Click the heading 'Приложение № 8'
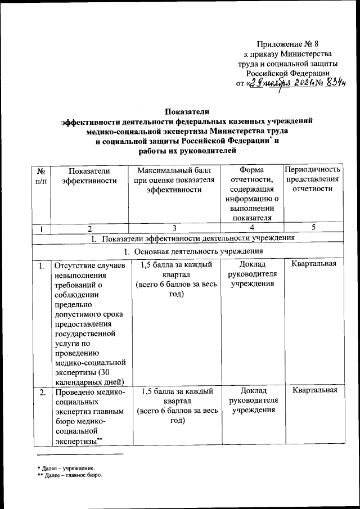coord(291,43)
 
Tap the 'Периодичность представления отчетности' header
coord(313,179)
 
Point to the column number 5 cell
coord(313,228)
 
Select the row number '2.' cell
coord(42,393)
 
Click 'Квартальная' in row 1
coord(314,265)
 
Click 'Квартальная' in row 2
coord(314,391)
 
